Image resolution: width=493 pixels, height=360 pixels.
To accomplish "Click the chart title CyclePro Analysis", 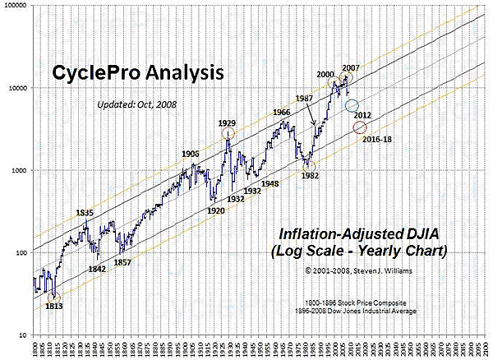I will tap(138, 73).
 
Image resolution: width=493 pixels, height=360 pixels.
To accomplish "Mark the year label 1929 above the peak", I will tap(228, 123).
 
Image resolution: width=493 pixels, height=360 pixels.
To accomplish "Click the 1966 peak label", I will tap(281, 113).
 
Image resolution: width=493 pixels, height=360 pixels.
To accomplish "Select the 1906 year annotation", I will tap(191, 154).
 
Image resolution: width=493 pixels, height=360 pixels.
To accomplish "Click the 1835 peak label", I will tap(85, 213).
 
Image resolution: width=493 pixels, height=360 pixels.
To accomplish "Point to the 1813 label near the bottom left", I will tap(53, 307).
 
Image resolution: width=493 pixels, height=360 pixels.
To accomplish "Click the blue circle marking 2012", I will tap(352, 106).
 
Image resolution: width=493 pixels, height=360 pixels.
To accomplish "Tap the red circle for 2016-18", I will tap(360, 127).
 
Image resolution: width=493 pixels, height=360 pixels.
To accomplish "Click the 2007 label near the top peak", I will tap(352, 67).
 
